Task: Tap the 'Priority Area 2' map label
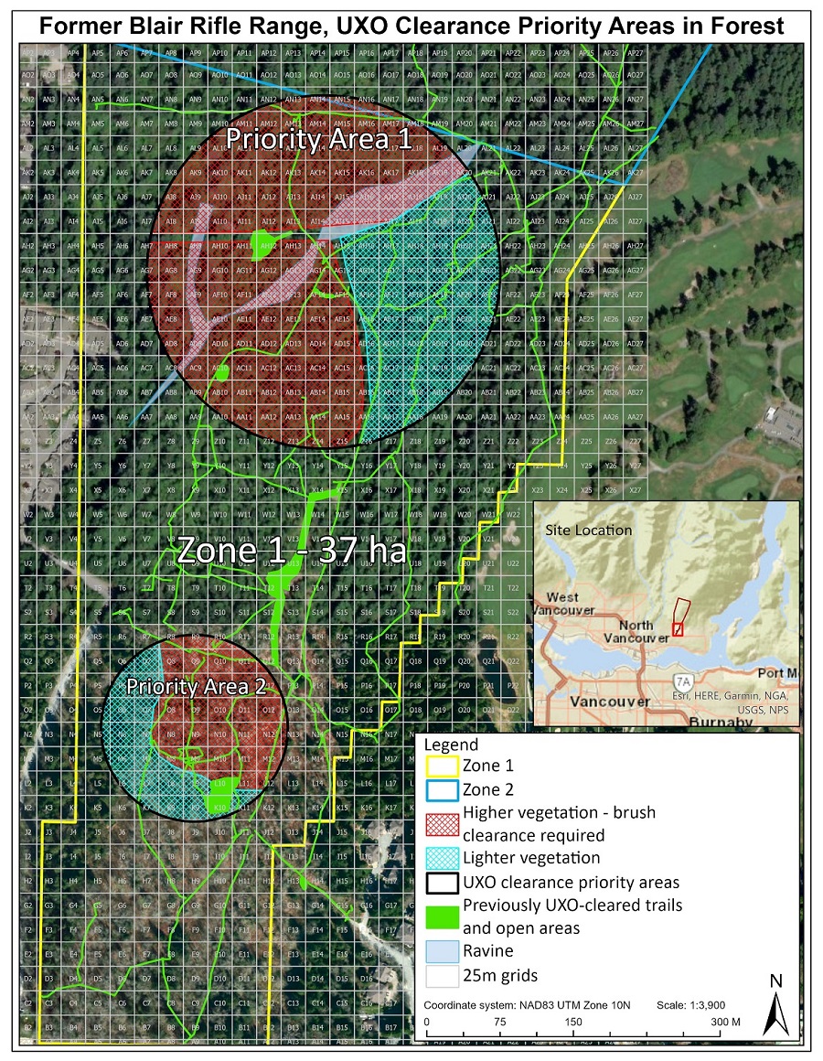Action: pos(196,686)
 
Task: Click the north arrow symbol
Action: pos(775,1012)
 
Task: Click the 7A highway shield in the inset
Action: pos(682,682)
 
